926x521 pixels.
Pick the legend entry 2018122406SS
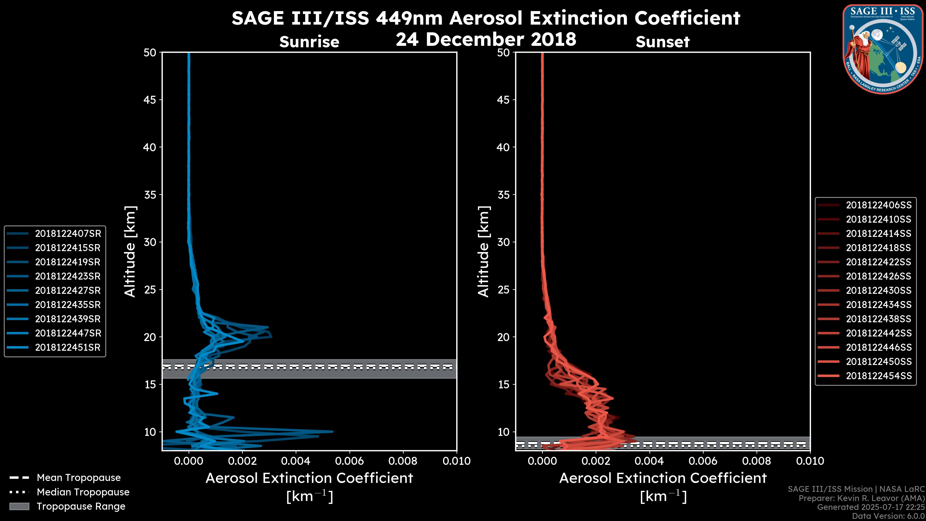coord(878,205)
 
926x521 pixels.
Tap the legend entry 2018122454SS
coord(878,376)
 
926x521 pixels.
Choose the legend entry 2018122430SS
coord(878,290)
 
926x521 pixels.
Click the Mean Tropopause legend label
coord(79,478)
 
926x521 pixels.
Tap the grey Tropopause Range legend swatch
coord(19,506)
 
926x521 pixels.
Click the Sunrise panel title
coord(309,42)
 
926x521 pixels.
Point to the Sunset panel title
coord(662,42)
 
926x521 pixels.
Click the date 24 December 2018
coord(486,39)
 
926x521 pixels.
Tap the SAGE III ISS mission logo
coord(883,49)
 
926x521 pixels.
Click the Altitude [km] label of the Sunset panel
coord(484,252)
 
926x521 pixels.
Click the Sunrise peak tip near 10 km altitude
coord(333,432)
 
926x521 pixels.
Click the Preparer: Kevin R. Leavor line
coord(861,498)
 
